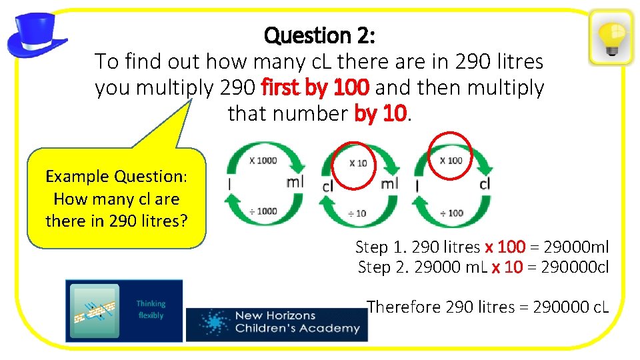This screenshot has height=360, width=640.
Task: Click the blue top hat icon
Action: click(x=37, y=35)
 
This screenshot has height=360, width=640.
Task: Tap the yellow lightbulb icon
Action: click(x=611, y=37)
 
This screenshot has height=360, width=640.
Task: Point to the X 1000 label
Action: click(x=263, y=160)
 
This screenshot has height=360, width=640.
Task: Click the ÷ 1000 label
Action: click(x=263, y=211)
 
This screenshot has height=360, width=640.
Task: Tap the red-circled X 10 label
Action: click(x=358, y=163)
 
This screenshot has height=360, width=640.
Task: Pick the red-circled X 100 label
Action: click(x=451, y=160)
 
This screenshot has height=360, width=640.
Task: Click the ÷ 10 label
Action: click(x=357, y=213)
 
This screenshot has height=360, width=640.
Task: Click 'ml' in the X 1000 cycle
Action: click(x=295, y=182)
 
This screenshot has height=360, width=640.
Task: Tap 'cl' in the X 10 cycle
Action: click(x=327, y=187)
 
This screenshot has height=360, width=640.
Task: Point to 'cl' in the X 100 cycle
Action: click(x=485, y=183)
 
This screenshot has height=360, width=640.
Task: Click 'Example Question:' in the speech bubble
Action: click(x=116, y=177)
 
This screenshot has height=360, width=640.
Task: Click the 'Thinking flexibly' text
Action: click(x=151, y=309)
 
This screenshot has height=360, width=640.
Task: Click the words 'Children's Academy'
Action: click(x=297, y=328)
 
